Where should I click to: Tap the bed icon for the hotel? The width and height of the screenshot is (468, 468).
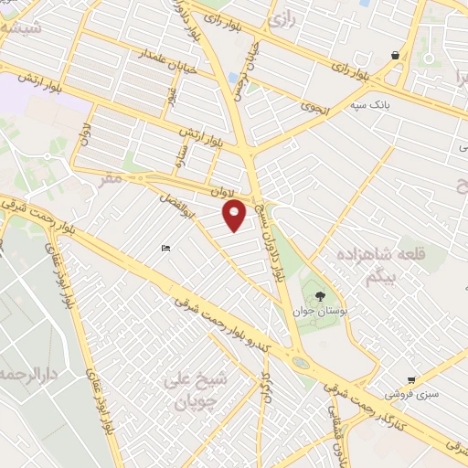(x=165, y=249)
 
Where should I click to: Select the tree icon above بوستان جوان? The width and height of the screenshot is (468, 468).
(x=320, y=295)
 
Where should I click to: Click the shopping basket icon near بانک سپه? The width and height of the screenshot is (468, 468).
(x=395, y=56)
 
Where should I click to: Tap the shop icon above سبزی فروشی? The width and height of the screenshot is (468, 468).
(x=412, y=379)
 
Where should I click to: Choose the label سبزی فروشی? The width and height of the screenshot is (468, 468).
(x=409, y=395)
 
